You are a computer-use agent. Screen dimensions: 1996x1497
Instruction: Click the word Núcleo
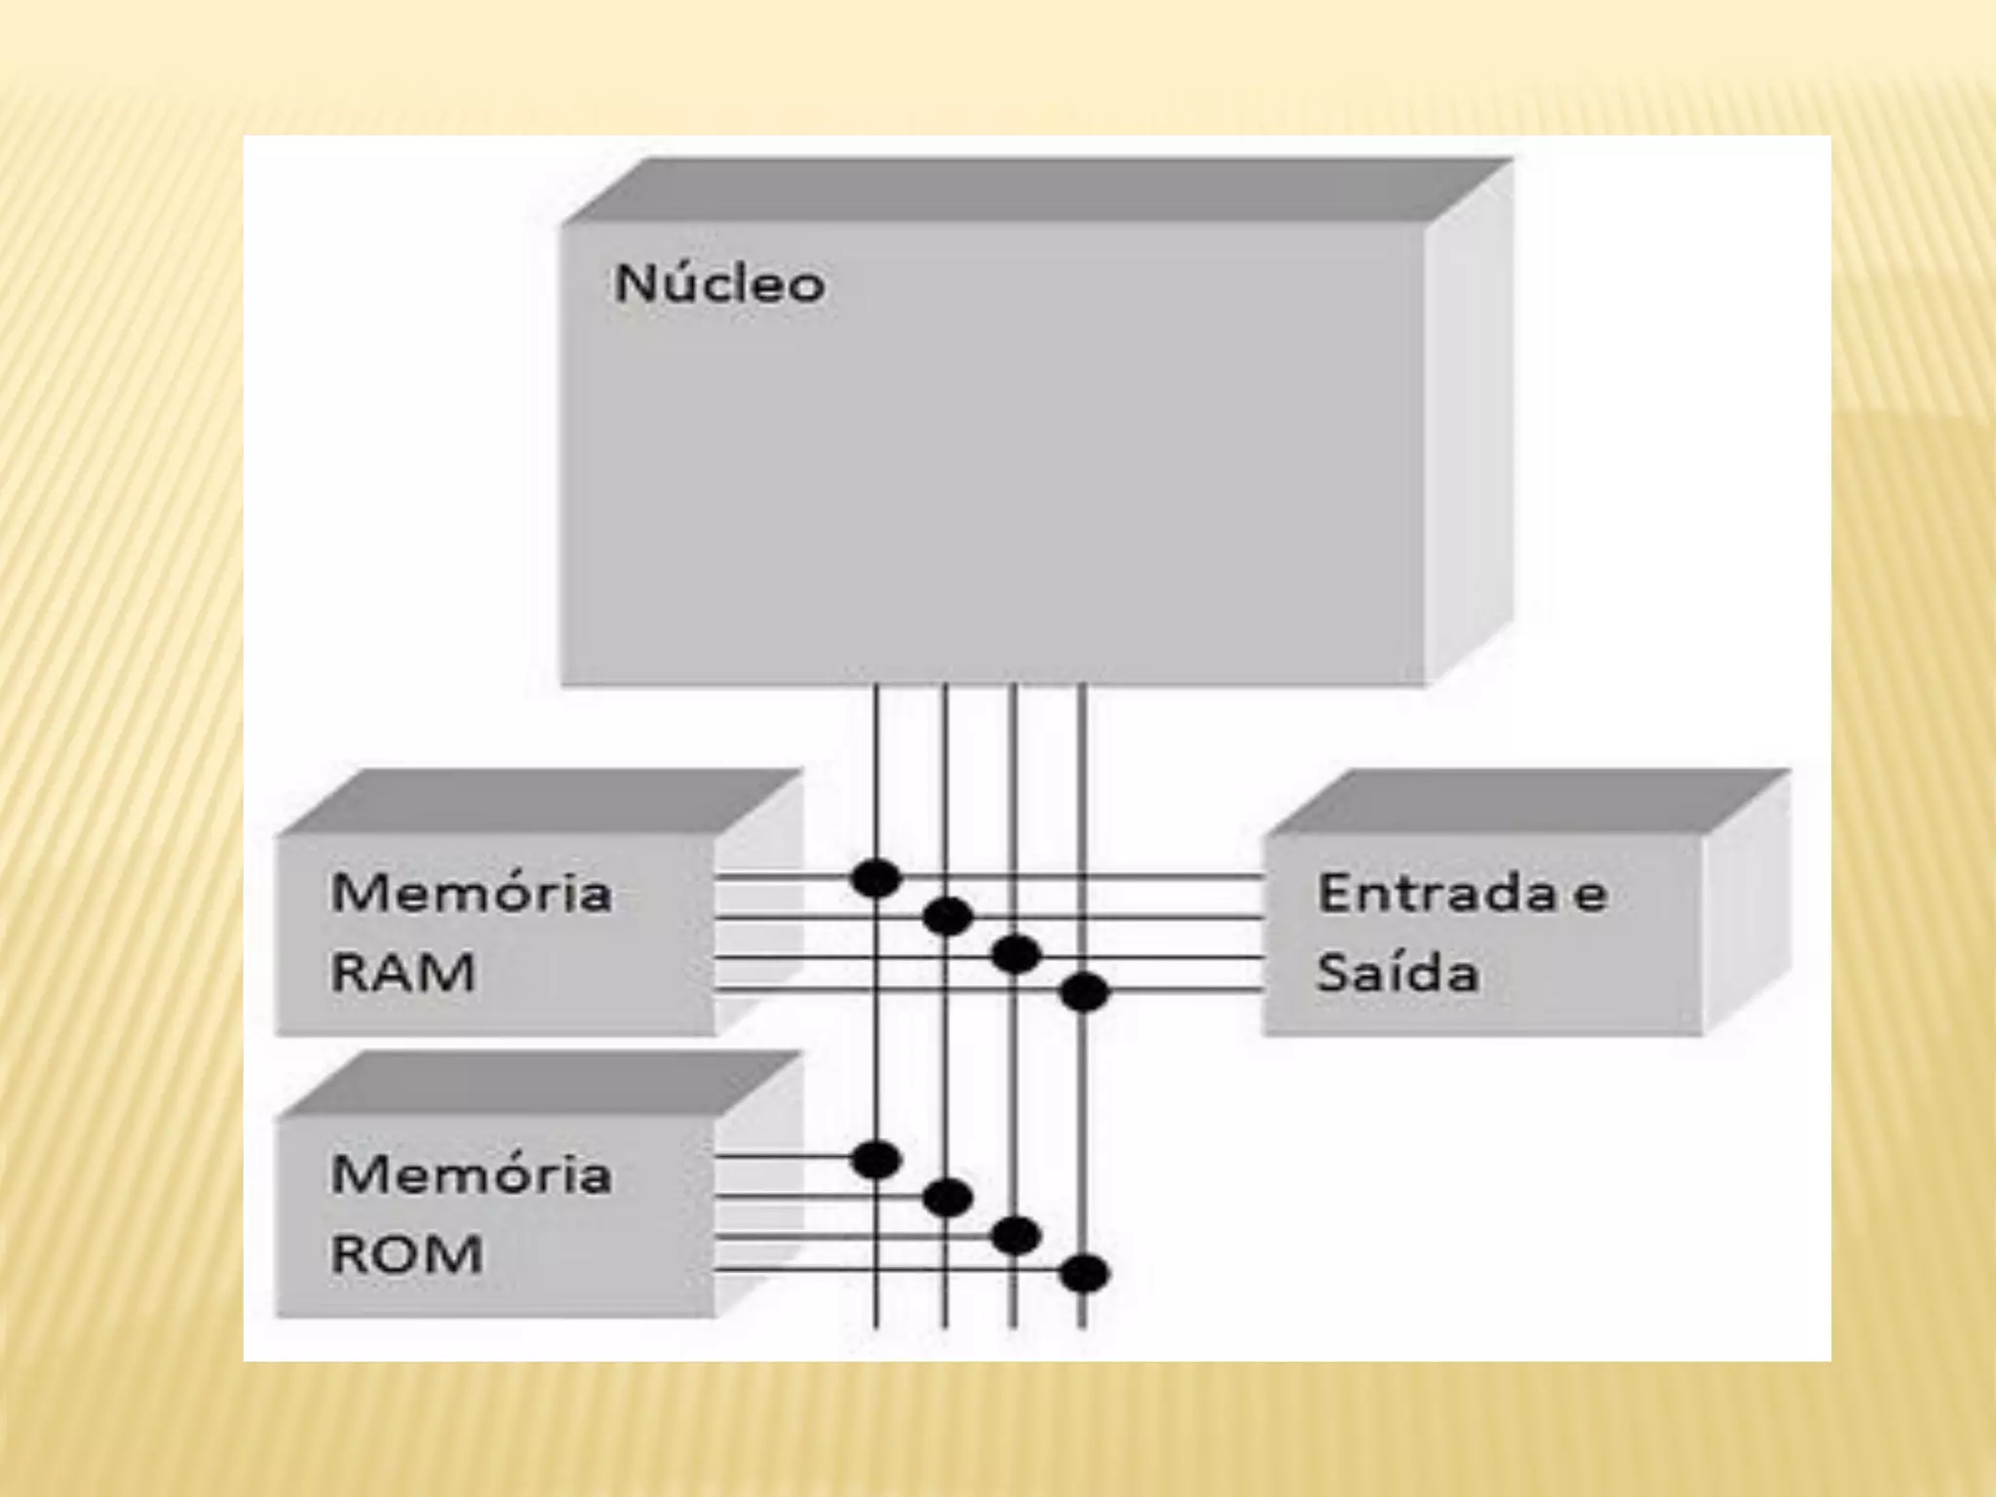point(719,284)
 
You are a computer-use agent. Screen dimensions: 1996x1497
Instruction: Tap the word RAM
point(403,973)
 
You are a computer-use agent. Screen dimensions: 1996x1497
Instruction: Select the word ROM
point(406,1254)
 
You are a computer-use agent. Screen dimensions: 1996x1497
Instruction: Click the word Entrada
point(1437,894)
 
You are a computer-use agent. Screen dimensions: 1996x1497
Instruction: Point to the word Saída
point(1398,973)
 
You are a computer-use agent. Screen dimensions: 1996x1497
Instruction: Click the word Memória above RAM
point(472,893)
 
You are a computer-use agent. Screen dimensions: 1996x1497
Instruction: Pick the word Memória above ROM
point(472,1173)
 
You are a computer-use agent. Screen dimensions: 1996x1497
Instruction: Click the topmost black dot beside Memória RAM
point(876,878)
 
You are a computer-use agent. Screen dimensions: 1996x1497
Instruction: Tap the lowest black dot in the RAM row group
point(1084,993)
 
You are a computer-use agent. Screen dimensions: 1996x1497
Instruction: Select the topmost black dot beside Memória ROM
point(876,1160)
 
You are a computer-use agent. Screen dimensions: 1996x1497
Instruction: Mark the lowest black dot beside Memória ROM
point(1084,1273)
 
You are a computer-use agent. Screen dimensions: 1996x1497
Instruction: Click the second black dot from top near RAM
point(947,916)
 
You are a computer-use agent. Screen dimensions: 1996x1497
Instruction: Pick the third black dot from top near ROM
point(1016,1236)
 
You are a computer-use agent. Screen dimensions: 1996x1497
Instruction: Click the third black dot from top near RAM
point(1016,954)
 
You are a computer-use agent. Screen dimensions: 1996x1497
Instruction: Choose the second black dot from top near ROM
point(947,1197)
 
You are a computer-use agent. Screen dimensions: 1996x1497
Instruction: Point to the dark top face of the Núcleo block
point(1033,190)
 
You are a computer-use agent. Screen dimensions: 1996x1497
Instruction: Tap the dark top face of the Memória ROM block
point(541,1084)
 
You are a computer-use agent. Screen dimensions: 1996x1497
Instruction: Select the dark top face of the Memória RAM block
point(541,802)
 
